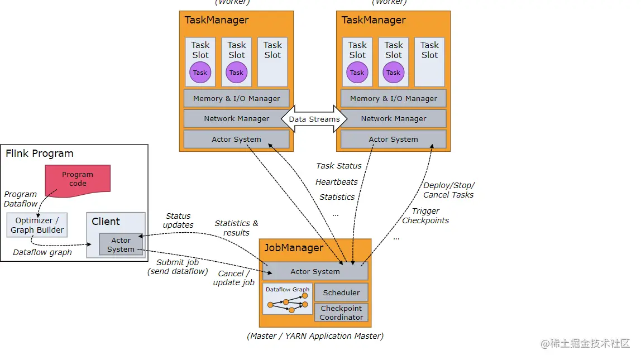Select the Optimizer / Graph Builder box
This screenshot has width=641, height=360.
tap(37, 225)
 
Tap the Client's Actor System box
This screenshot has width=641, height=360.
tap(121, 244)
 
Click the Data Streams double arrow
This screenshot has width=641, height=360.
tap(314, 119)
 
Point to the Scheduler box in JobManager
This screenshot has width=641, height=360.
tap(341, 292)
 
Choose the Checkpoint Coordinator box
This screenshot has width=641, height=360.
tap(341, 313)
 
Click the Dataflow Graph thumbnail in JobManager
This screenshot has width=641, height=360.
tap(288, 300)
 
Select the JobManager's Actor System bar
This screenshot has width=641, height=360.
tap(315, 271)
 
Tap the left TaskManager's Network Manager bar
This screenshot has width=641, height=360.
tap(236, 118)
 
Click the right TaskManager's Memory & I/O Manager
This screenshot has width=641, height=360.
tap(393, 98)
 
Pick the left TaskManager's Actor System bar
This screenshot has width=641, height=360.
tap(236, 139)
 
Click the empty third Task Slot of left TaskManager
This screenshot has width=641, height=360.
tap(272, 61)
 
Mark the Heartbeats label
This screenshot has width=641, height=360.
tap(337, 182)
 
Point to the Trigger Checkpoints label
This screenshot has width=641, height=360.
tap(425, 215)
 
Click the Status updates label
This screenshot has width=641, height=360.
tap(178, 220)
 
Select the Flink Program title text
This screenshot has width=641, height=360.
tap(40, 153)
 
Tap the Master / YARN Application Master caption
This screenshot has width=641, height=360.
tap(315, 336)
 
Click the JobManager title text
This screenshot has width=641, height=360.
tap(293, 248)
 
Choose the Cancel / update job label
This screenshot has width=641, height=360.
tap(233, 278)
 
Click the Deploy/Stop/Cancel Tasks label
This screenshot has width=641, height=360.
tap(448, 190)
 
